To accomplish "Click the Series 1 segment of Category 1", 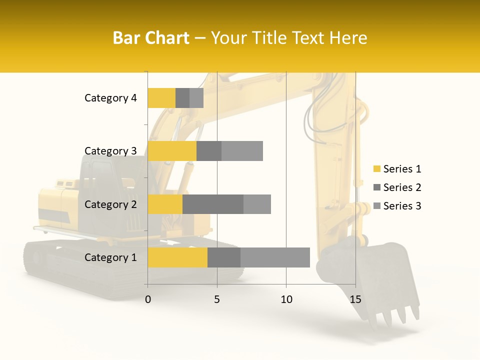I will [x=177, y=257].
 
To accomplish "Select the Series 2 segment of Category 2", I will [x=213, y=204].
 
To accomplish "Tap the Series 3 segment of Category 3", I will [x=242, y=151].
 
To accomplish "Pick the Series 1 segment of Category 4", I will [x=161, y=98].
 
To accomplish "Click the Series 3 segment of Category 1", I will [x=275, y=257].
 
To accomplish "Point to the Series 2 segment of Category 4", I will [x=182, y=98].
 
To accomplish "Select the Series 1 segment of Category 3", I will [x=172, y=151].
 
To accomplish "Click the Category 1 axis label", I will [x=110, y=257].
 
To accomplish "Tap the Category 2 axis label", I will [x=110, y=204].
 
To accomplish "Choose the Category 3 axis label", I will [x=110, y=151].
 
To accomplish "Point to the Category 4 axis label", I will [x=110, y=98].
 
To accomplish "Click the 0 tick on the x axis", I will [x=148, y=299].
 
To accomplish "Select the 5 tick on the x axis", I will [x=217, y=299].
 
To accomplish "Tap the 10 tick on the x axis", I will [x=286, y=299].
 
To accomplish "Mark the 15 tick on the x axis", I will [x=355, y=299].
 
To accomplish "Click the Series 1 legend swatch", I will [x=377, y=169].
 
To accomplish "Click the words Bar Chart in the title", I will [x=151, y=38].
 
